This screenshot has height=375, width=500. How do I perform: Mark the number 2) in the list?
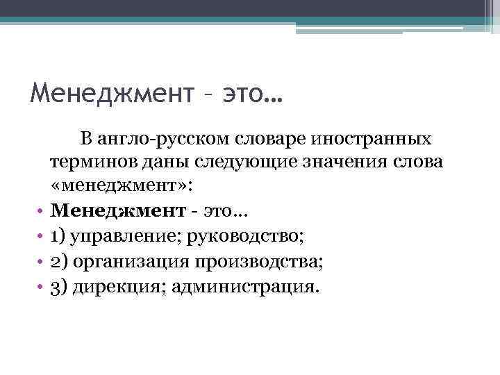[58, 262]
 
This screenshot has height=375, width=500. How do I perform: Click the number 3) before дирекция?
[58, 286]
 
